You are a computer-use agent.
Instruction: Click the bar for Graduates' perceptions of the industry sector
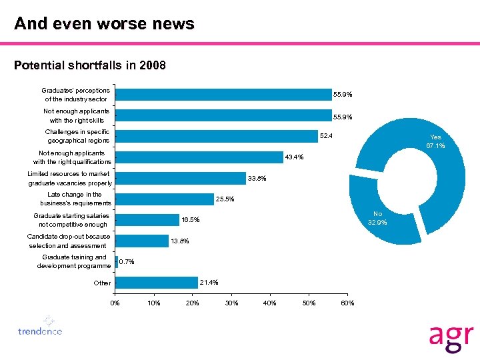pyautogui.click(x=223, y=95)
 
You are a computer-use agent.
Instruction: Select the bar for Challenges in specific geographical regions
pyautogui.click(x=217, y=137)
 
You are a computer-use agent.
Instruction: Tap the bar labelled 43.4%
pyautogui.click(x=199, y=157)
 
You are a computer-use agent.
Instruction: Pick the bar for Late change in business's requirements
pyautogui.click(x=165, y=199)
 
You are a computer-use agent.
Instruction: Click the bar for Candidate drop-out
pyautogui.click(x=142, y=241)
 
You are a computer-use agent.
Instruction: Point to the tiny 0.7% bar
pyautogui.click(x=117, y=262)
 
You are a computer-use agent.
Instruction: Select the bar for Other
pyautogui.click(x=157, y=283)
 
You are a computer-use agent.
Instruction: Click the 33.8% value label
pyautogui.click(x=257, y=178)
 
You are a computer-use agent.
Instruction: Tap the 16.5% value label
pyautogui.click(x=191, y=220)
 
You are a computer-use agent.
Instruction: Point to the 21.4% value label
pyautogui.click(x=209, y=282)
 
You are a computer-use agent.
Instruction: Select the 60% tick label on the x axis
pyautogui.click(x=347, y=304)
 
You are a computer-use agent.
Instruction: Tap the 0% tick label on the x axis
pyautogui.click(x=115, y=304)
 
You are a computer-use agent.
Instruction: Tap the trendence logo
pyautogui.click(x=41, y=327)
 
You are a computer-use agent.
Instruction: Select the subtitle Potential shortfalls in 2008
pyautogui.click(x=90, y=65)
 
